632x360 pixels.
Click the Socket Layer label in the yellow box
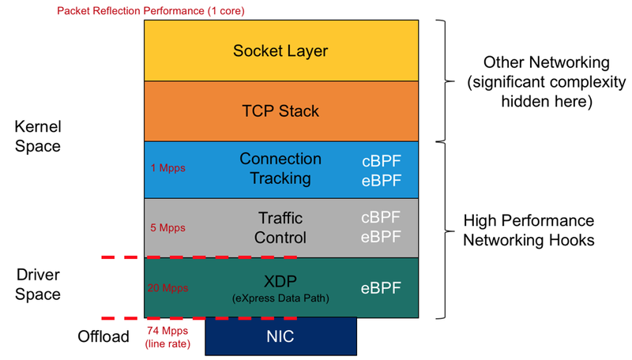[280, 51]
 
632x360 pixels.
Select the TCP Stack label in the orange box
[280, 111]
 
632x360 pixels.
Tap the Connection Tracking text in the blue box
[280, 168]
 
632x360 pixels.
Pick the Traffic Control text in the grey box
[280, 227]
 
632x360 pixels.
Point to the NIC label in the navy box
[280, 336]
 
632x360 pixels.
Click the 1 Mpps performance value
[164, 169]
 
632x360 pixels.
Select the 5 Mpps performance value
[167, 228]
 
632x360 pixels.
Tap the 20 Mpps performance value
[169, 288]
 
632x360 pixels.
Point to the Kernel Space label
[38, 136]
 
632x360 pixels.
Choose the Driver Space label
[38, 284]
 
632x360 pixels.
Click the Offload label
[103, 336]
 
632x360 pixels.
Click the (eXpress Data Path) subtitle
[280, 299]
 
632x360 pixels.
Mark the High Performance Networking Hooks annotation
[529, 231]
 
